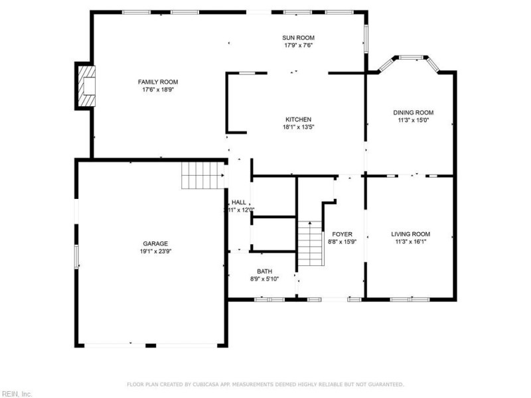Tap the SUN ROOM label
(299, 38)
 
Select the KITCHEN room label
(298, 119)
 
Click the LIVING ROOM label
(410, 234)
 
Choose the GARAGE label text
(155, 243)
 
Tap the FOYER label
(342, 234)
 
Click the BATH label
(264, 271)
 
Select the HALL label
(239, 202)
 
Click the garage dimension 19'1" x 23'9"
(155, 252)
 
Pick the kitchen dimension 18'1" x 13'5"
(298, 127)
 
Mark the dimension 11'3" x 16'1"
(410, 242)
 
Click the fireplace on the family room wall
(86, 86)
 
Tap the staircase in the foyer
(309, 244)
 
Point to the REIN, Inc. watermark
(17, 393)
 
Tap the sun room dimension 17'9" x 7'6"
(299, 46)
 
